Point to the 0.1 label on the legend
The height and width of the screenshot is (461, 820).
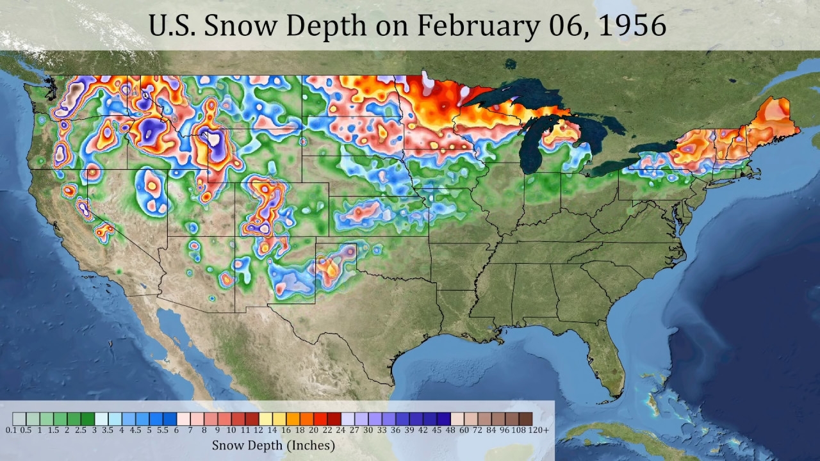coord(12,430)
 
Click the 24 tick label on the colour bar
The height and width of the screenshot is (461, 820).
coord(341,430)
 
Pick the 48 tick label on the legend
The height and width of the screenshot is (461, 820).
coord(450,430)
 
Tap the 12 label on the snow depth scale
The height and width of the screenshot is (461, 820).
coord(258,430)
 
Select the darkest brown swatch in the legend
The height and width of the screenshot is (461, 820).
coord(525,419)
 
